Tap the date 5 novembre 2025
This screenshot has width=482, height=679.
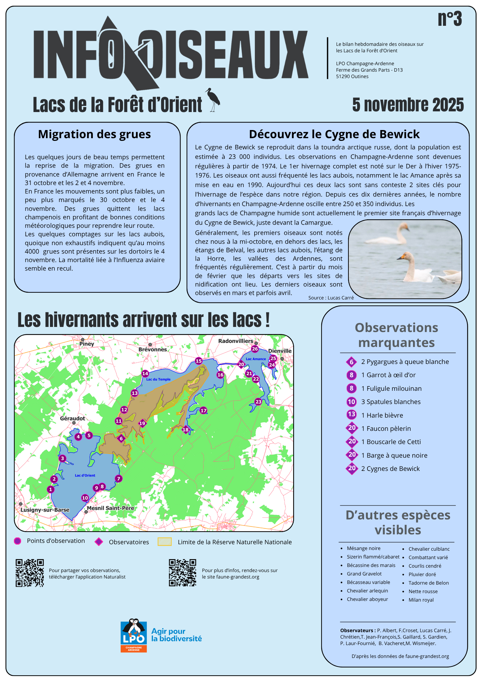[408, 105]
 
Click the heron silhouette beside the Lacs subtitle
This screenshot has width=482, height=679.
[213, 99]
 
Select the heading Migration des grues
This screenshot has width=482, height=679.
[94, 134]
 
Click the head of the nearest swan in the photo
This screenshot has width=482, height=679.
[404, 256]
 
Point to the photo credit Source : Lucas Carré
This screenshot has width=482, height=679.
[331, 298]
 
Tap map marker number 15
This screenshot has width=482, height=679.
[199, 361]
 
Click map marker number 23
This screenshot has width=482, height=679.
[258, 402]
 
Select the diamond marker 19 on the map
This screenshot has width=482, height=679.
[142, 423]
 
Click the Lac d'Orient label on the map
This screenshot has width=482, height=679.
[85, 475]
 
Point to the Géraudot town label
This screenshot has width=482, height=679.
[72, 418]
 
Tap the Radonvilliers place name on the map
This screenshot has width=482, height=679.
[236, 341]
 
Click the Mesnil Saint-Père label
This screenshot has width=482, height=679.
[110, 508]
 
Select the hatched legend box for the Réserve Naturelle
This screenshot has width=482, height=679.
[165, 542]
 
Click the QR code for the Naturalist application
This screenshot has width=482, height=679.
[30, 573]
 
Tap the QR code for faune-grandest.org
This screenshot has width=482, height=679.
[183, 573]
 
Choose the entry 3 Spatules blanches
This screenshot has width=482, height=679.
[391, 402]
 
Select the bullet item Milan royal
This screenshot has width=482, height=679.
[421, 600]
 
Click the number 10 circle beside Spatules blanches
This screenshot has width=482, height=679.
[351, 402]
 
